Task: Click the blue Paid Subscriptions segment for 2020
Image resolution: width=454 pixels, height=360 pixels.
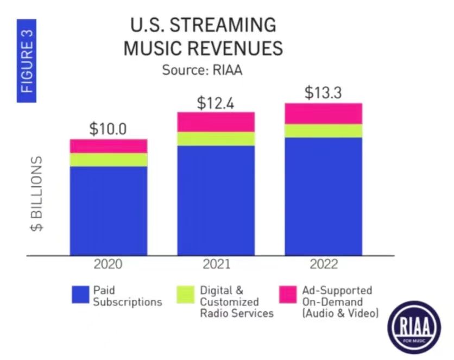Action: [x=109, y=210]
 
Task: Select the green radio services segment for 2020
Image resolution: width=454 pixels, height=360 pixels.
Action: [x=109, y=160]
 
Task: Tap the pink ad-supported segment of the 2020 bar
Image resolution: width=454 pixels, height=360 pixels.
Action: [x=109, y=146]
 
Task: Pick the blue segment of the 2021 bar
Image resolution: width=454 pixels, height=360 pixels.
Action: [x=216, y=200]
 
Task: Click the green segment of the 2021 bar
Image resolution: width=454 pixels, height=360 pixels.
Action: [x=216, y=139]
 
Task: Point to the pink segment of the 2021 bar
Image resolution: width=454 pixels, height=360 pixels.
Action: [x=216, y=122]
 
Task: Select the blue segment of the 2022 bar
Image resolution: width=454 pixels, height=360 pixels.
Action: [x=324, y=196]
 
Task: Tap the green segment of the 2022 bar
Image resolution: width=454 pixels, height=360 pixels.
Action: [x=324, y=131]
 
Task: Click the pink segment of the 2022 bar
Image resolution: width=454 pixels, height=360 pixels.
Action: [x=324, y=113]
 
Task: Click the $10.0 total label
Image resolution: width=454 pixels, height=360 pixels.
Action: [x=108, y=129]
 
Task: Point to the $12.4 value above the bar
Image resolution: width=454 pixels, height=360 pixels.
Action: [x=215, y=103]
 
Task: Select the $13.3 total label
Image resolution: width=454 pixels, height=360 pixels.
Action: [x=323, y=93]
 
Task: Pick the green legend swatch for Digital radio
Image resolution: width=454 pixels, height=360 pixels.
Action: [x=185, y=295]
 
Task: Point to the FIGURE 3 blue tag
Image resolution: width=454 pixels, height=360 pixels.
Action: [x=27, y=64]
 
